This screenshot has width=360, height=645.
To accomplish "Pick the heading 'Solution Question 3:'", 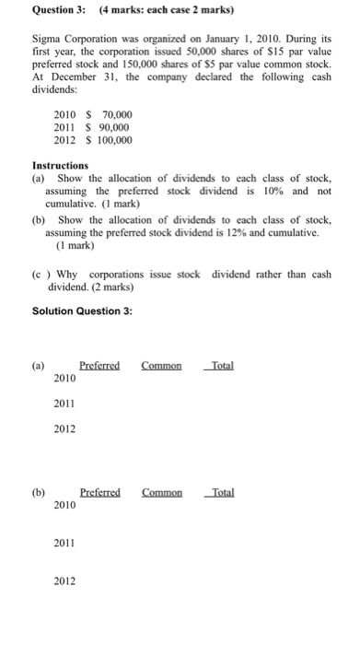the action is click(x=81, y=311).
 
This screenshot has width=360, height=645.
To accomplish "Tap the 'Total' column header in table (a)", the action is click(x=222, y=366).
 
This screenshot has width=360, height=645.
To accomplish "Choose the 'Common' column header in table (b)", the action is click(x=162, y=493).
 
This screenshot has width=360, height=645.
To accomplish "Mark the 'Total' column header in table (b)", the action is click(x=222, y=493).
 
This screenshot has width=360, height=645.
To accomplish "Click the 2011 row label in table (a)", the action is click(x=64, y=404).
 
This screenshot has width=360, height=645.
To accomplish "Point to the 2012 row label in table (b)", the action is click(x=64, y=581).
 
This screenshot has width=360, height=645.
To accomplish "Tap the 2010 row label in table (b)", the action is click(x=64, y=506).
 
